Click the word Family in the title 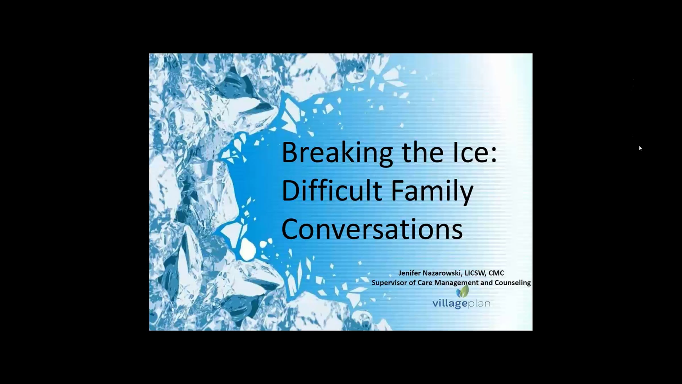[432, 192]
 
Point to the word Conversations [372, 229]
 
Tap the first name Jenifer [410, 273]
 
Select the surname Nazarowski [442, 273]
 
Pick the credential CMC [496, 273]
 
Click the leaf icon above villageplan [462, 292]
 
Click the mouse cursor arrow [641, 148]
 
